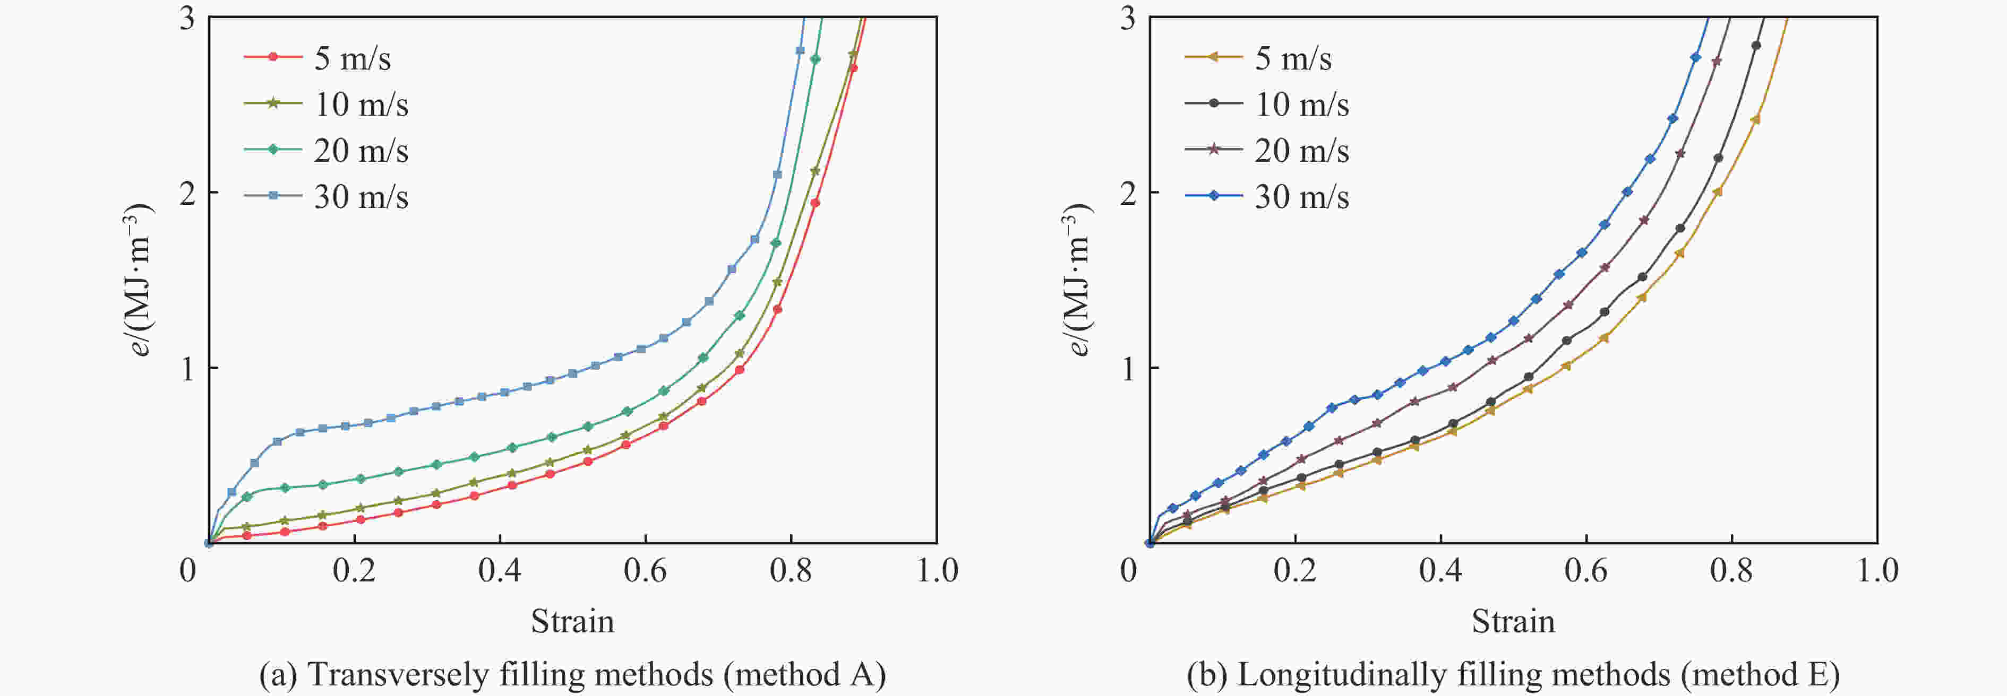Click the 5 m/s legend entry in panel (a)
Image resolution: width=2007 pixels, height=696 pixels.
tap(352, 58)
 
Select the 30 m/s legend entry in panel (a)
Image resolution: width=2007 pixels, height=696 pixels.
tap(361, 197)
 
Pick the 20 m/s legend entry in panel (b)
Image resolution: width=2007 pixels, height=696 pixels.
tap(1301, 150)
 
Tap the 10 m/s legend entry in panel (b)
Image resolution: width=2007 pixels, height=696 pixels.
tap(1301, 105)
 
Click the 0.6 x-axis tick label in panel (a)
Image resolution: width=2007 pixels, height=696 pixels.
tap(645, 571)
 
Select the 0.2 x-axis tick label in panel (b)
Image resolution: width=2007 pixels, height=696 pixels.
tap(1295, 571)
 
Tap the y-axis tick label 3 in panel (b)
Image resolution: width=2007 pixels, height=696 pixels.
tap(1127, 17)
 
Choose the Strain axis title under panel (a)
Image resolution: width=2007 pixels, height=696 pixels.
tap(573, 621)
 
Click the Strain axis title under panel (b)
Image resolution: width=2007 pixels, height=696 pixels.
tap(1513, 621)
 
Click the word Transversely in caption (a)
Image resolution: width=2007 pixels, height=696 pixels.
tap(397, 674)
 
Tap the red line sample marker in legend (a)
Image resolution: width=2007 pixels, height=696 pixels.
tap(273, 57)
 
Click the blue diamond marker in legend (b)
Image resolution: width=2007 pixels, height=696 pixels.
tap(1214, 195)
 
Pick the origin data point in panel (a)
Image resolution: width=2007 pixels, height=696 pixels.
tap(209, 543)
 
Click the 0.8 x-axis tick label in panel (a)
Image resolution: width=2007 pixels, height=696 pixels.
tap(791, 571)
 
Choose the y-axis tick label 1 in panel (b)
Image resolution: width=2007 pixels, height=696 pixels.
tap(1127, 368)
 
